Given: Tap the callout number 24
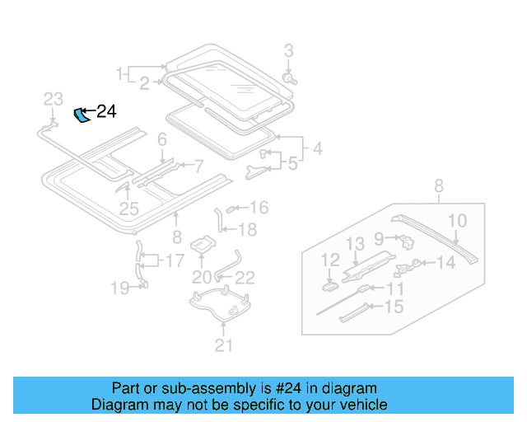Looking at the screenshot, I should coord(106,112).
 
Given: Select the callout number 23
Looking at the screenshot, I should coord(53,99).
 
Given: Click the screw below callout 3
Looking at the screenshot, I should coord(290,78).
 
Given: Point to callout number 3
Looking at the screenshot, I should coord(289,52).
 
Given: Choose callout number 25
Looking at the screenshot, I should coord(128,209).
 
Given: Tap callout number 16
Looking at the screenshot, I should coord(259,208).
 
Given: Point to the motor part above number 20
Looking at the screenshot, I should coord(203,245).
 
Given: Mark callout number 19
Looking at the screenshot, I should coord(120,288).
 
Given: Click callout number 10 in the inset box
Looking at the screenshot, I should coord(457,220).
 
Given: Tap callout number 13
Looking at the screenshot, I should coord(354,243).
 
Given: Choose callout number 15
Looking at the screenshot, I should coord(395,307).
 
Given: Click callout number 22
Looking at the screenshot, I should coord(245,278).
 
